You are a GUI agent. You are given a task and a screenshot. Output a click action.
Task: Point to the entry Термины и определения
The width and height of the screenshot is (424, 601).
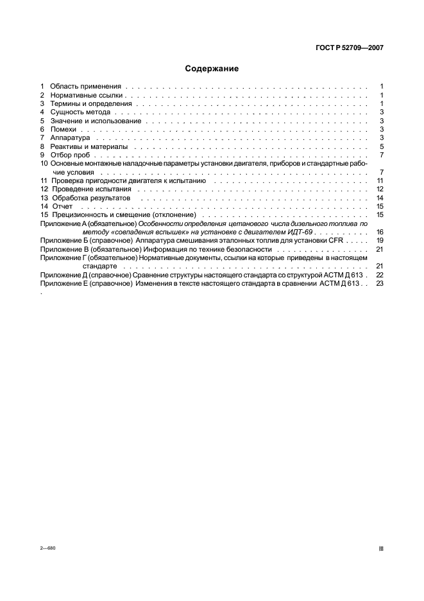click(90, 103)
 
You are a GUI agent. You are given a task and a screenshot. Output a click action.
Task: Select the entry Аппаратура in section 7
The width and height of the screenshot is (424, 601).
click(70, 138)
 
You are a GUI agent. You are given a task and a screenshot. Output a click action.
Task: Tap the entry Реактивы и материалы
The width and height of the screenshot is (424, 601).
click(89, 146)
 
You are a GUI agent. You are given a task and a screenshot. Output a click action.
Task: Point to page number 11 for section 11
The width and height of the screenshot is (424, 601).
click(380, 181)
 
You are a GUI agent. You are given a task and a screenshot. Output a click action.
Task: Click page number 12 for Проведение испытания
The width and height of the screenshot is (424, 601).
click(380, 189)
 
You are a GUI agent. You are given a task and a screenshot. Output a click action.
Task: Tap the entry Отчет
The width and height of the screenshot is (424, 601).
click(62, 207)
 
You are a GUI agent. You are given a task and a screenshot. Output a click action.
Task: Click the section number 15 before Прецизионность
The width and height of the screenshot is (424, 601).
click(44, 215)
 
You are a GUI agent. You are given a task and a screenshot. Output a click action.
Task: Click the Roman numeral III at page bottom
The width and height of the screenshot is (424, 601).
click(381, 550)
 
